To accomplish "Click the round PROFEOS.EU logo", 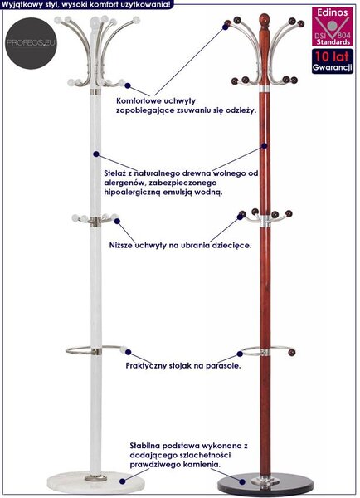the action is (31, 43).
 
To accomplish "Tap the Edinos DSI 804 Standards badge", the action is (332, 27).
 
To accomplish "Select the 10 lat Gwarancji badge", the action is (332, 61).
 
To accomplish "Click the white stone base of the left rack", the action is (87, 483).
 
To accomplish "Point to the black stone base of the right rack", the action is (265, 484).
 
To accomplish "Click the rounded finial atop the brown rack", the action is (264, 20).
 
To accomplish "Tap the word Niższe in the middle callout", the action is (121, 245).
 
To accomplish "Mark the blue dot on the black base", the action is (242, 481).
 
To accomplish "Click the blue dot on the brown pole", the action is (264, 146).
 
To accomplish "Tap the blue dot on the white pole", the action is (96, 154).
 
